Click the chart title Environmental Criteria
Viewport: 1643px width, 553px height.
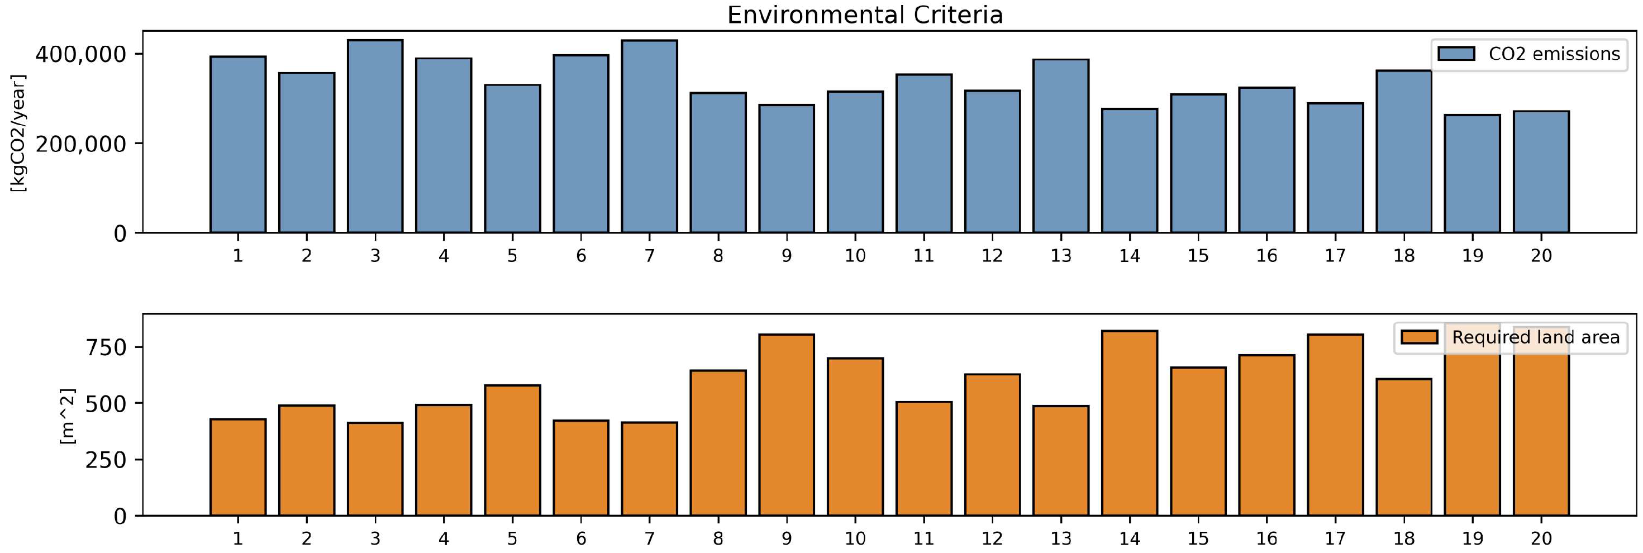click(865, 15)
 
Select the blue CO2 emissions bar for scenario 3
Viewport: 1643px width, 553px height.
click(375, 137)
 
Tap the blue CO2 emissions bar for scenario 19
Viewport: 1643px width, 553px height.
click(1472, 174)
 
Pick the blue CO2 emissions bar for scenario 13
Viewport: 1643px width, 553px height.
click(1061, 147)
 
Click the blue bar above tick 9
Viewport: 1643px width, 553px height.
click(787, 169)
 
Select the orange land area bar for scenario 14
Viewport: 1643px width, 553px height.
click(1130, 423)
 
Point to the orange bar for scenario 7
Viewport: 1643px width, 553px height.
click(649, 469)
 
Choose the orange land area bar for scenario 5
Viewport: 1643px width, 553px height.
click(512, 450)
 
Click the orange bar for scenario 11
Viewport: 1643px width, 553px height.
click(923, 459)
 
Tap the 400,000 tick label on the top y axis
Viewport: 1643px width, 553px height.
click(80, 55)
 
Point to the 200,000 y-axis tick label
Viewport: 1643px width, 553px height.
click(80, 145)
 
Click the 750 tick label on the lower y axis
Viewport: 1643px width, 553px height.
click(106, 347)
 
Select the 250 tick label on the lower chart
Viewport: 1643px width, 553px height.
click(106, 460)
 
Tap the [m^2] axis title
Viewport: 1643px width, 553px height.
click(67, 416)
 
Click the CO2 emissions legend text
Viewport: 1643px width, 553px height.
click(1554, 54)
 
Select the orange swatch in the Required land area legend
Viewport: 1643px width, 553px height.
click(1419, 337)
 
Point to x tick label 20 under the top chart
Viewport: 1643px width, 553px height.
click(1541, 256)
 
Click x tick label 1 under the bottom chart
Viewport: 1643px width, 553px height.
click(238, 538)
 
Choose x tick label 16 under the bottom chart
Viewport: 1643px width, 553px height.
click(1266, 538)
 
